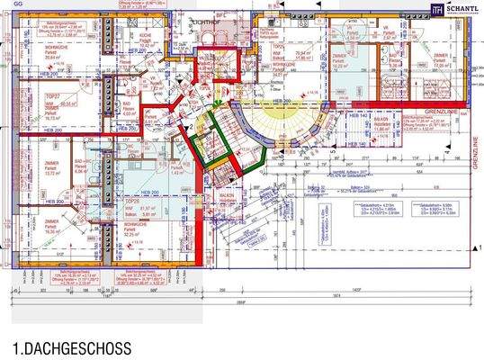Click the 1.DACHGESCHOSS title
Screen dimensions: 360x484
tap(72, 347)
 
